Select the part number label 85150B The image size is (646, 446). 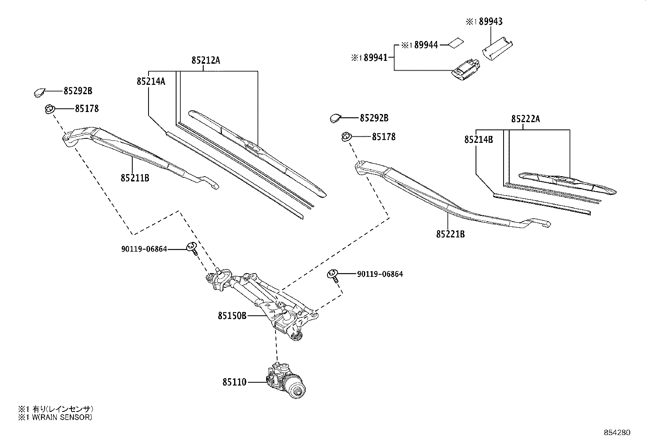[232, 315]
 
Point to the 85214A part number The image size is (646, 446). [151, 81]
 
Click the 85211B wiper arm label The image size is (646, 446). [135, 178]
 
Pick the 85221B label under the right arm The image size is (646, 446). [450, 234]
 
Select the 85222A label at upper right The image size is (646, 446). [525, 119]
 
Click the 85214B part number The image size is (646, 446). [478, 140]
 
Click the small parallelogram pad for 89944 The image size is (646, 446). [455, 43]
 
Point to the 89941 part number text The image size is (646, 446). [375, 58]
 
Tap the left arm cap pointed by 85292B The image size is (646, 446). [40, 93]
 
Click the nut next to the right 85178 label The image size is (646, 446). [346, 137]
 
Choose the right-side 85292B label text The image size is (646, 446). [374, 118]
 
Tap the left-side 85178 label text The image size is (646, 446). [86, 108]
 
